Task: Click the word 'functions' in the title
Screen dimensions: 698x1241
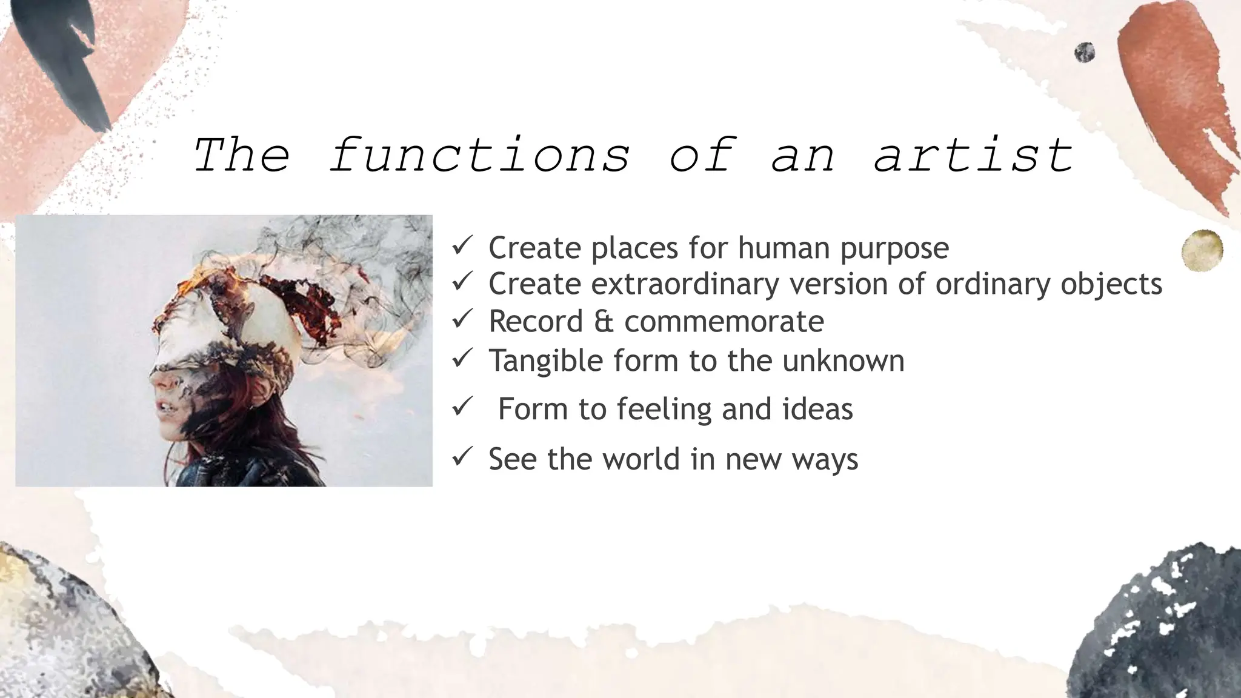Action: coord(479,155)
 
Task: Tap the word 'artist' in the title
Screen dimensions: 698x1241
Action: coord(973,155)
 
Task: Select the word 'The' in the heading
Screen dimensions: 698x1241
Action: coord(241,155)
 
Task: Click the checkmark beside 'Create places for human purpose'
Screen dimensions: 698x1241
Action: coord(462,245)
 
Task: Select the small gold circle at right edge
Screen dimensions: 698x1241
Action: coord(1202,250)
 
